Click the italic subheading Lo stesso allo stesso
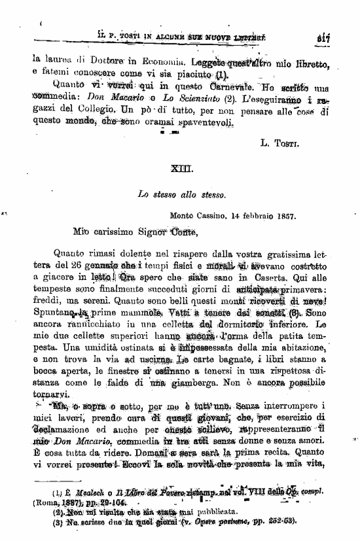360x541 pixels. [x=181, y=194]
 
